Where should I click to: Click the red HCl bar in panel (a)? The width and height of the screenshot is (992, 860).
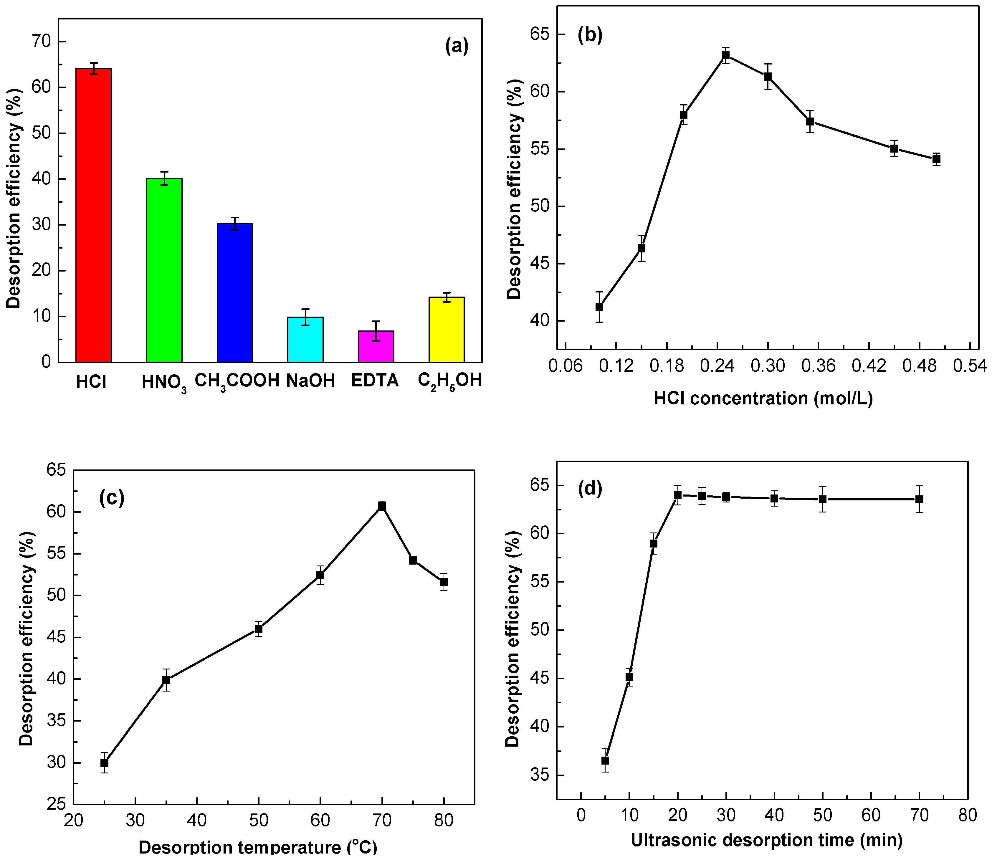tap(94, 216)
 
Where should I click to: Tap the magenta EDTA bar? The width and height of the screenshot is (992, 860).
tap(376, 346)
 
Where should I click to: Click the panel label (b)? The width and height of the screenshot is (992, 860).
tap(590, 35)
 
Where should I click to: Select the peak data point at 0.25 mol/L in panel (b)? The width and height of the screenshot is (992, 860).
tap(726, 55)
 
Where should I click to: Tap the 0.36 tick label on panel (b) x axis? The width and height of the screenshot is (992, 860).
tap(819, 366)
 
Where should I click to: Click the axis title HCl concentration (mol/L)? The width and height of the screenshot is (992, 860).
tap(763, 398)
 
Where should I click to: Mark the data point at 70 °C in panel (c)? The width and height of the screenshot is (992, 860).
tap(382, 505)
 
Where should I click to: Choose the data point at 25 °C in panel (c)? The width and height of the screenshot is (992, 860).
tap(105, 763)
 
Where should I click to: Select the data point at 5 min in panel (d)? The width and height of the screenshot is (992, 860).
tap(605, 761)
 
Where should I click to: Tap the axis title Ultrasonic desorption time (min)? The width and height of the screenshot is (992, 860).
tap(766, 840)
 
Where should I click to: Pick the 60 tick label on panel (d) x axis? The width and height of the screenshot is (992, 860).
tap(871, 815)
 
